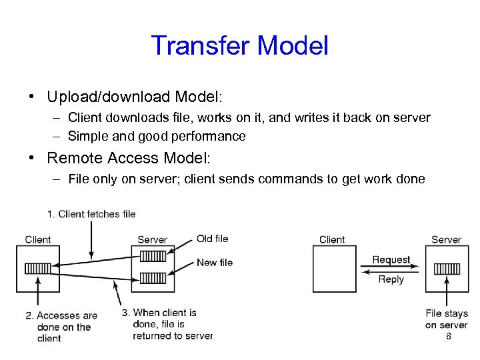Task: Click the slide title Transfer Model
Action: pyautogui.click(x=240, y=46)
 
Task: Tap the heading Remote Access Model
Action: pyautogui.click(x=128, y=158)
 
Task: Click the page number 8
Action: pyautogui.click(x=448, y=337)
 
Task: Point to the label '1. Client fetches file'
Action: pyautogui.click(x=91, y=214)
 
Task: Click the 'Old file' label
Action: pyautogui.click(x=212, y=239)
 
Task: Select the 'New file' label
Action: pyautogui.click(x=214, y=263)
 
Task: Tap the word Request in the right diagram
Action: pyautogui.click(x=391, y=260)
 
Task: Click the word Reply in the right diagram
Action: pyautogui.click(x=391, y=279)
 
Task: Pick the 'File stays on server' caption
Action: pyautogui.click(x=446, y=319)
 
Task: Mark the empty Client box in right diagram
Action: pyautogui.click(x=336, y=269)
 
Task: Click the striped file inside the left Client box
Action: pyautogui.click(x=37, y=269)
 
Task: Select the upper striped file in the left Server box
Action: pyautogui.click(x=153, y=256)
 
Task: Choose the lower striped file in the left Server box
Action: pyautogui.click(x=153, y=277)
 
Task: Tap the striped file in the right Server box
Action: pyautogui.click(x=447, y=269)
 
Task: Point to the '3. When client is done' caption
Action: pyautogui.click(x=173, y=324)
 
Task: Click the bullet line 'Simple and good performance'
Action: pyautogui.click(x=157, y=137)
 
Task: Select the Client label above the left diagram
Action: pyautogui.click(x=38, y=240)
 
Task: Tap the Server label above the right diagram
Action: pyautogui.click(x=446, y=240)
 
